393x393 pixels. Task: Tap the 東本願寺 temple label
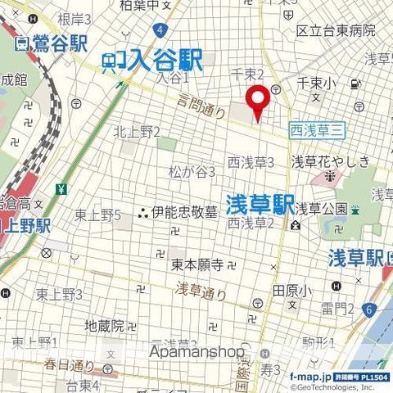pyautogui.click(x=197, y=264)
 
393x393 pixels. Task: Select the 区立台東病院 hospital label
pyautogui.click(x=336, y=30)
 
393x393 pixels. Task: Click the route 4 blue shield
pyautogui.click(x=163, y=29)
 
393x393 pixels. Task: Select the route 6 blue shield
pyautogui.click(x=369, y=309)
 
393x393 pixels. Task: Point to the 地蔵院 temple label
pyautogui.click(x=105, y=326)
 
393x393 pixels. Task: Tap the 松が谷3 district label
pyautogui.click(x=192, y=172)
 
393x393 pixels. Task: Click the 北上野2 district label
pyautogui.click(x=137, y=131)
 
